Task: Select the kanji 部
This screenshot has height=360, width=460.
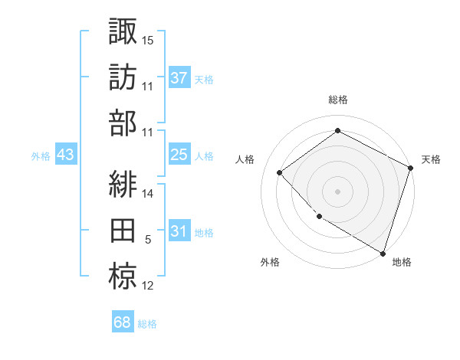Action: (123, 124)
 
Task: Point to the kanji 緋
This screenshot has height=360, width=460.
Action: (123, 185)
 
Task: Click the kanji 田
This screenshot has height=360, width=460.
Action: (123, 232)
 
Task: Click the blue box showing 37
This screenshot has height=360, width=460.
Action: (179, 78)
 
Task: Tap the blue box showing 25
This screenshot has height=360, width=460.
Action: (179, 155)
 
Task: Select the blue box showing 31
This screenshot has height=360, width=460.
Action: (179, 231)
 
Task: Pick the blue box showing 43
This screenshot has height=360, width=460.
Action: (66, 155)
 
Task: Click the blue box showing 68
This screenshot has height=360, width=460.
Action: (123, 322)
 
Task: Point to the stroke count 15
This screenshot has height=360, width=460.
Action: (148, 39)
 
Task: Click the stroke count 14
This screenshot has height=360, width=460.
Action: (148, 195)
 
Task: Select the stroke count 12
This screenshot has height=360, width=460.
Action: (148, 286)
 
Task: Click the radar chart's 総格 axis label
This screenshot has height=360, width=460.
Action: (338, 100)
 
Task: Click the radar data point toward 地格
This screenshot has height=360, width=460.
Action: (383, 252)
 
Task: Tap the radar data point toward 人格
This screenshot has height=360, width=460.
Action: (280, 172)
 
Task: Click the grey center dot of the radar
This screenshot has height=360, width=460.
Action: (338, 191)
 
